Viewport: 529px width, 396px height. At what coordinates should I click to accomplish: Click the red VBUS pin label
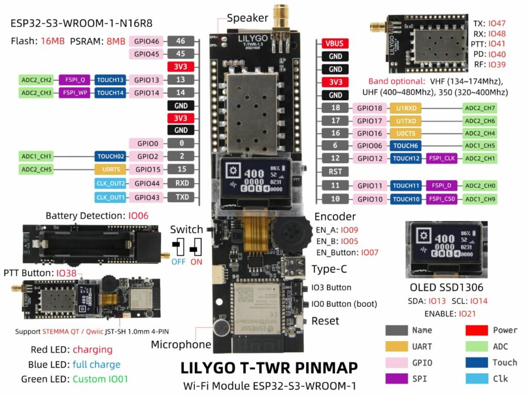tap(334, 43)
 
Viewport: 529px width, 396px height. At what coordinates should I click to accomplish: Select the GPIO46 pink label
tap(148, 41)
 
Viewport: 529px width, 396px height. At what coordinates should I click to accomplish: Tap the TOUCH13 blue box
tap(110, 80)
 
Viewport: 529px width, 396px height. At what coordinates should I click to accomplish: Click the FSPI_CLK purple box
tap(441, 158)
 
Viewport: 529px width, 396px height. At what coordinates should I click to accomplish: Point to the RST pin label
tap(334, 171)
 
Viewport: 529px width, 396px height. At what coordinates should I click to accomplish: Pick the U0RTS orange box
tap(110, 169)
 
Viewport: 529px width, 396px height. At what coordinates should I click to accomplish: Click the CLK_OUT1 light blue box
tap(110, 197)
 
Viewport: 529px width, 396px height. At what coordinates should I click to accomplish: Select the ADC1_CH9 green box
tap(479, 199)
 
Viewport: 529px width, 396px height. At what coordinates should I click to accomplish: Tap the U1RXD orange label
tap(405, 108)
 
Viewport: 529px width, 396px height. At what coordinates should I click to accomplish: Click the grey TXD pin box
tap(180, 197)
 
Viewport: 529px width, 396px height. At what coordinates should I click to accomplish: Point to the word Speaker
tap(247, 18)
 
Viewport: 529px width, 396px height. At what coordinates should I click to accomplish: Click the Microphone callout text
tap(181, 344)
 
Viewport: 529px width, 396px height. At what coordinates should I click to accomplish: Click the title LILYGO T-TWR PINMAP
tap(269, 368)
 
